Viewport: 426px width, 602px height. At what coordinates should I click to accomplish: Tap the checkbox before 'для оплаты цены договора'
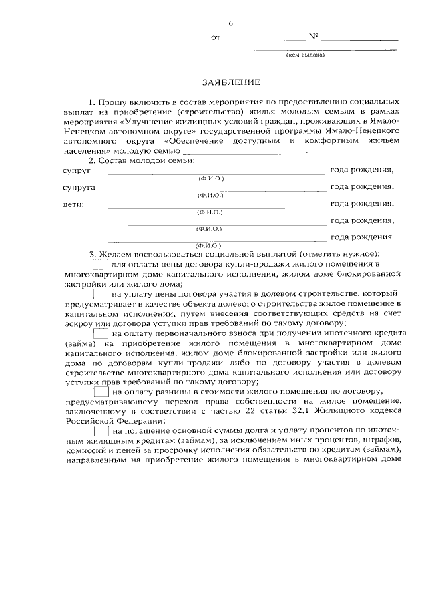click(x=100, y=265)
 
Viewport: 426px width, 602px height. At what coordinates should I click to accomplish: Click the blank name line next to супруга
click(x=216, y=190)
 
